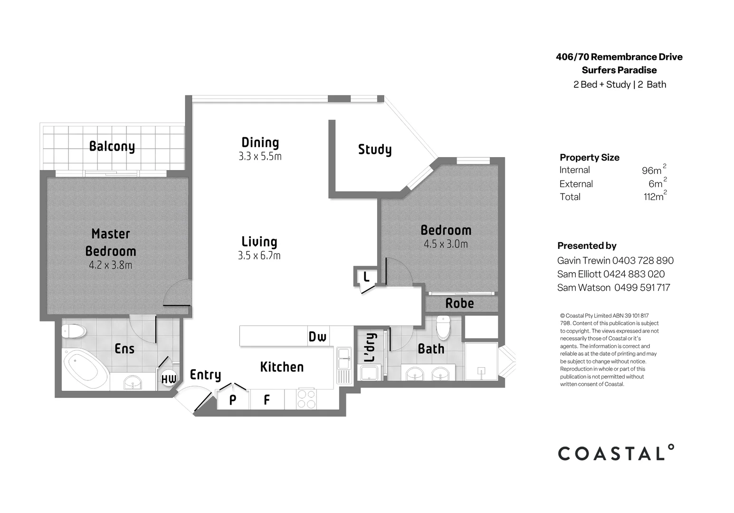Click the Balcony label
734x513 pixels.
(x=112, y=146)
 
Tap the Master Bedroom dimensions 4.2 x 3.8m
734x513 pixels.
(x=111, y=265)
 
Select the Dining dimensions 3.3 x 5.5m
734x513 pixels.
(x=260, y=156)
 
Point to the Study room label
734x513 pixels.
(x=375, y=150)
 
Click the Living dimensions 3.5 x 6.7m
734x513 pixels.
(x=259, y=256)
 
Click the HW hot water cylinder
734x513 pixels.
(x=169, y=379)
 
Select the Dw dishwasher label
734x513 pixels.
(x=317, y=337)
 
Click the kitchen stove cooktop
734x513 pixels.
(x=306, y=399)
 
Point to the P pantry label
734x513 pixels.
(x=233, y=400)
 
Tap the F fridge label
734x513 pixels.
(x=267, y=400)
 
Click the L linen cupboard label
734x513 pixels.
(x=366, y=276)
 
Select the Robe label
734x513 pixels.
(x=459, y=303)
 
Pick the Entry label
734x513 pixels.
(x=205, y=375)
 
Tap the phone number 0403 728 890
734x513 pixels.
(x=643, y=260)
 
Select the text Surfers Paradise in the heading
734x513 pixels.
(x=619, y=70)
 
